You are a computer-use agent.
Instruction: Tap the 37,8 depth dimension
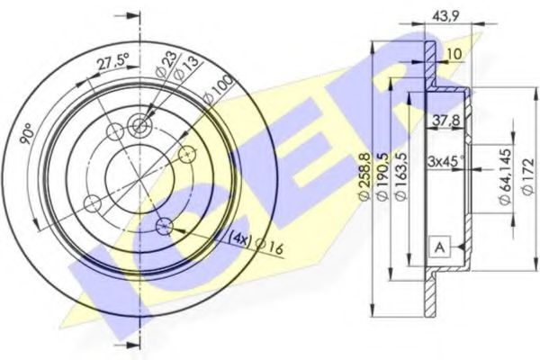click(438, 117)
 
